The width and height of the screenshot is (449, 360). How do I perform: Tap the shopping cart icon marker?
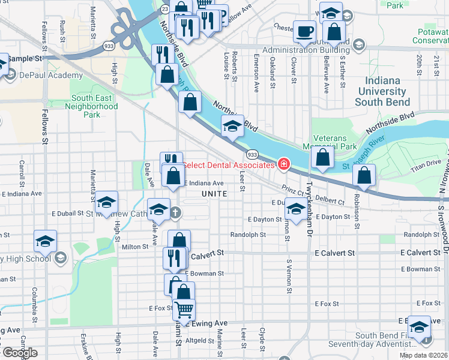(x=184, y=309)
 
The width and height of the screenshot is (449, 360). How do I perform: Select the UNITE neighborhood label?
(x=214, y=194)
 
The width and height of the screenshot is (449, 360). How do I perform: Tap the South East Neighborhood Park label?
(x=92, y=106)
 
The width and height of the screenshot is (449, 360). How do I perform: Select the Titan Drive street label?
(x=425, y=163)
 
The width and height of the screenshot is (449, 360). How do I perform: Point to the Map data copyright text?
(x=424, y=355)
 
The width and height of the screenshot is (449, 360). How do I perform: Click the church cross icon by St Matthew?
(x=175, y=212)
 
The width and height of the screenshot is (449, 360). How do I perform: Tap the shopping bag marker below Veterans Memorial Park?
(x=323, y=158)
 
